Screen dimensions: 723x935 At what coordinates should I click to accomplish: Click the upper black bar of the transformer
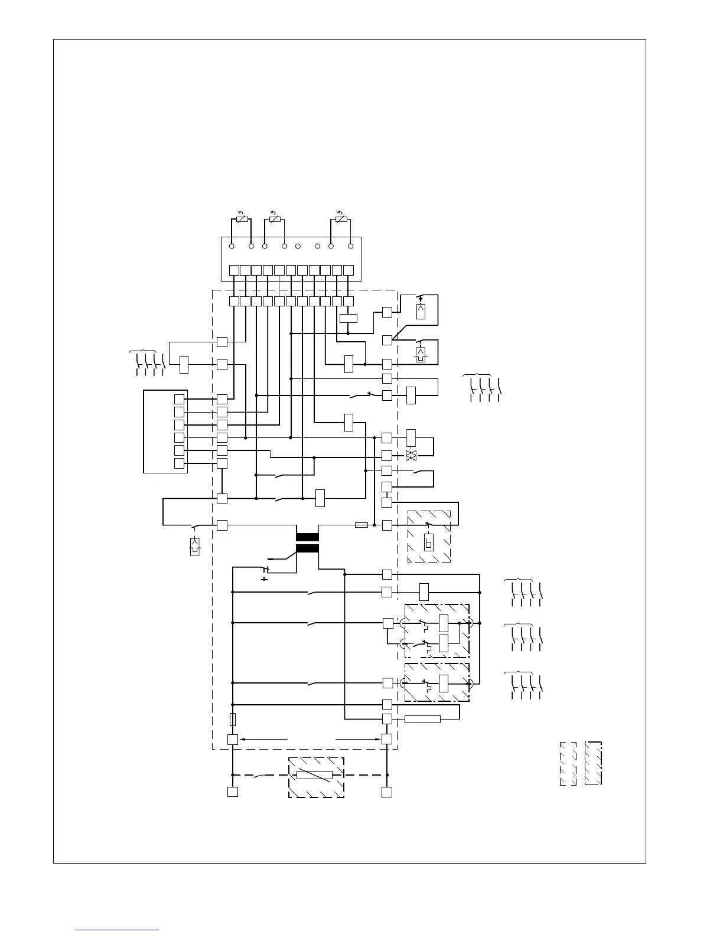(x=307, y=537)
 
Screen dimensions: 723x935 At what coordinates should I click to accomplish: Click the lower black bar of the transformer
(x=307, y=548)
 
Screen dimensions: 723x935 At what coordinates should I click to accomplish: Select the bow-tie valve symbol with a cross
(x=412, y=456)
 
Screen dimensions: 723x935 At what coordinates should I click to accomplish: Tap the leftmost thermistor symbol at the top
(x=241, y=220)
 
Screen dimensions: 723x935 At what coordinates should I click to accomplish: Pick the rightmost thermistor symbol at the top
(x=341, y=220)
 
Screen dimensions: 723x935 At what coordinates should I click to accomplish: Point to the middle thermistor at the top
(x=275, y=220)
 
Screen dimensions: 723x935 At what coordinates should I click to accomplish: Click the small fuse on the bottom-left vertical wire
(x=233, y=720)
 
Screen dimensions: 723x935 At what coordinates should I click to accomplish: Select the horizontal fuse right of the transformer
(x=361, y=525)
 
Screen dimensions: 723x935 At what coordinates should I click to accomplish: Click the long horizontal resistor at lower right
(x=422, y=719)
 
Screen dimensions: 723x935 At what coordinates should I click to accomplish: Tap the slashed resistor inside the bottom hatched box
(x=314, y=775)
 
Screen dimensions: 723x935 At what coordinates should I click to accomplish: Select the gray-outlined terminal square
(x=387, y=683)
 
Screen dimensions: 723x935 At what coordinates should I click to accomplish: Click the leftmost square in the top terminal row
(x=234, y=270)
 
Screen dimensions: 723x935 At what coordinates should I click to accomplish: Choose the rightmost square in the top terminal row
(x=349, y=270)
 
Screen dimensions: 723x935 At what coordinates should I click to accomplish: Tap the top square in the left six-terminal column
(x=179, y=399)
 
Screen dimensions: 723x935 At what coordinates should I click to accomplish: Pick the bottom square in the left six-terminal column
(x=179, y=463)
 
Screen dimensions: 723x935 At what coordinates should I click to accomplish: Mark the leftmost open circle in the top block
(x=232, y=246)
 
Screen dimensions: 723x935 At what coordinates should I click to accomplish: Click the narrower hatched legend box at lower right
(x=568, y=763)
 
